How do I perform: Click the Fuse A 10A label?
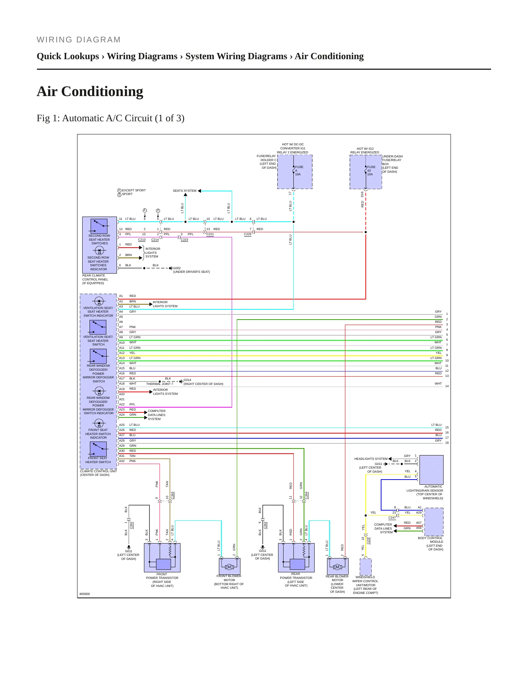click(299, 171)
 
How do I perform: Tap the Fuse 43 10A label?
click(371, 171)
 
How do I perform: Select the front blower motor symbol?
click(229, 566)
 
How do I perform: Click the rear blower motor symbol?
click(338, 566)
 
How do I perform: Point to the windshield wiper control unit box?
click(365, 567)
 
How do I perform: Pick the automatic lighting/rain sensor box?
click(432, 470)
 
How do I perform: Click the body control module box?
click(434, 522)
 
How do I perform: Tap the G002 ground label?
click(177, 268)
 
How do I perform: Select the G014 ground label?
click(187, 380)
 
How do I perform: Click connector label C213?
click(142, 240)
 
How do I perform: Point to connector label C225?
click(248, 234)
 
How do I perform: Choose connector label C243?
click(172, 496)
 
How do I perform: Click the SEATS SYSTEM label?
click(185, 191)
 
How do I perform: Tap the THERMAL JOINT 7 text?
click(160, 384)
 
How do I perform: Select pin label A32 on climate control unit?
click(122, 461)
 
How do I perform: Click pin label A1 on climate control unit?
click(121, 296)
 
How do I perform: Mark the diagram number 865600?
click(85, 594)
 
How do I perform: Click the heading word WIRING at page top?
click(54, 40)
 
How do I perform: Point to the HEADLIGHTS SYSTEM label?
click(371, 459)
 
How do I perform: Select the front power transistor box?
click(162, 557)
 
